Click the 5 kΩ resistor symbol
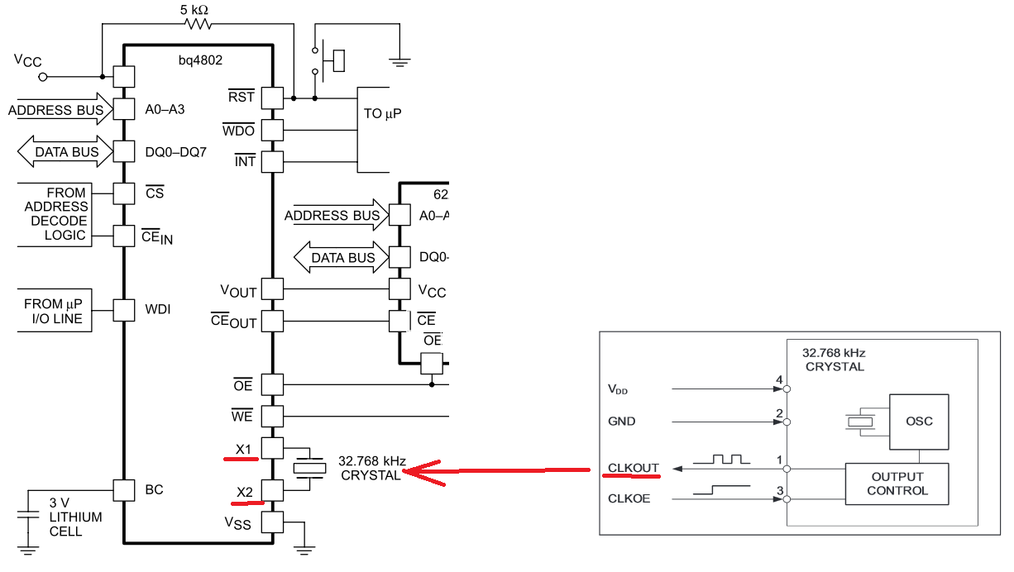[x=198, y=24]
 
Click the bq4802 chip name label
[x=200, y=60]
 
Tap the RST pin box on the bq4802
[x=272, y=98]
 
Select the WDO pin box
[x=272, y=131]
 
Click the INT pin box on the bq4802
[x=272, y=161]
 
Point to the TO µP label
[x=382, y=113]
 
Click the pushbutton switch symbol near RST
[x=328, y=60]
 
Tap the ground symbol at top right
[x=399, y=62]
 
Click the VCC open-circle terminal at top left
[x=43, y=78]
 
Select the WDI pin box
[x=123, y=311]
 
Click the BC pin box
[x=123, y=490]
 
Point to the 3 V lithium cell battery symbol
[x=28, y=515]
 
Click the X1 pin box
[x=272, y=449]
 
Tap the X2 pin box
[x=272, y=490]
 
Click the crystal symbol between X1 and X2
[x=309, y=469]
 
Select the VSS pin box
[x=272, y=522]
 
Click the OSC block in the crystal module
[x=919, y=422]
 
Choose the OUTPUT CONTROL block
[x=897, y=484]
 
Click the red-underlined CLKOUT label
[x=633, y=468]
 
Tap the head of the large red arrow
[x=403, y=472]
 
